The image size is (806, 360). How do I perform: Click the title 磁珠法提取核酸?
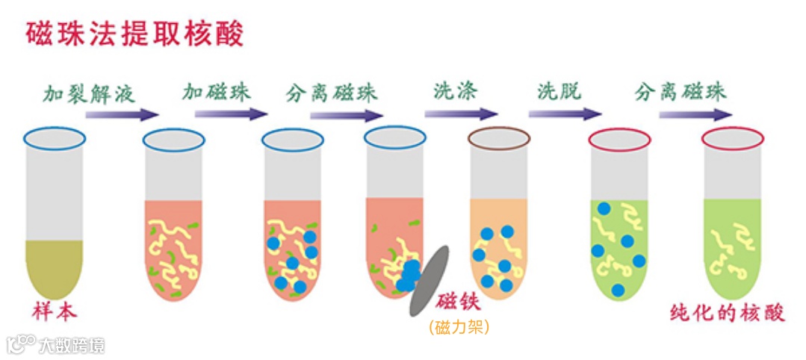(134, 33)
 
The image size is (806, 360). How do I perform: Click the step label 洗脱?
(559, 93)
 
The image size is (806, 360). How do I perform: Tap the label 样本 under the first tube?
(54, 312)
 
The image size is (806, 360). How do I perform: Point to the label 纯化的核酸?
(727, 312)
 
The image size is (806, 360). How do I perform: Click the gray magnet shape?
(429, 280)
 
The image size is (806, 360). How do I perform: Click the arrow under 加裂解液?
(123, 114)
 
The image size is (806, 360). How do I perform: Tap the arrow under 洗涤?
(461, 114)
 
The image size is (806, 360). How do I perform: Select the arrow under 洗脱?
(565, 114)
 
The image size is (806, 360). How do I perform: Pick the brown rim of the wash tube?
(499, 137)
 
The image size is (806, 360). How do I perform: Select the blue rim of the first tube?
(54, 137)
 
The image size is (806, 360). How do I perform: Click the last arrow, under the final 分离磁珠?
(695, 114)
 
